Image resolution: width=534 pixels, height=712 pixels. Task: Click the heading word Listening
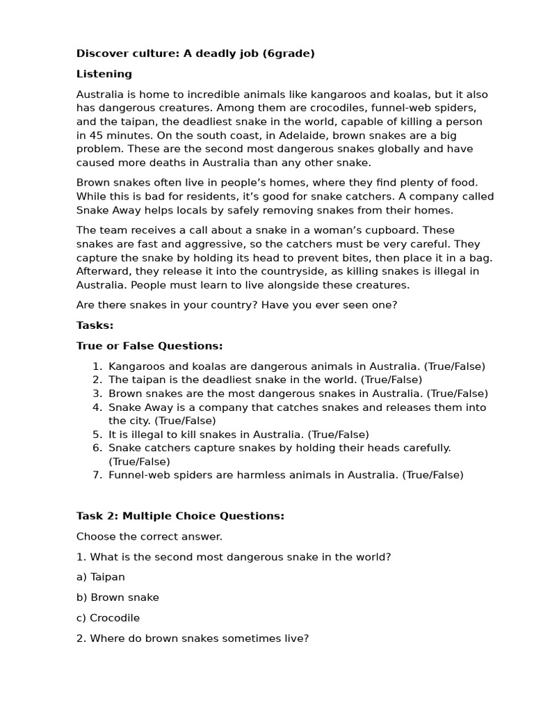point(104,74)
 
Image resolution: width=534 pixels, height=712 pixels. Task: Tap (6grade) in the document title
point(289,54)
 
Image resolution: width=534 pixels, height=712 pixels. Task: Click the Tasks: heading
point(95,325)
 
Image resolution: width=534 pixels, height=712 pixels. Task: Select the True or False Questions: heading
point(149,346)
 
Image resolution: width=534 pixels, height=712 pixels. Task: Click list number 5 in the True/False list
point(97,435)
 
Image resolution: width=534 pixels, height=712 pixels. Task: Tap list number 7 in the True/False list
point(97,475)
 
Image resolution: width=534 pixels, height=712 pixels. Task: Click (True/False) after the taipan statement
point(391,380)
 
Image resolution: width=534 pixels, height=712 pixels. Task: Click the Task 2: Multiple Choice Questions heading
point(180,516)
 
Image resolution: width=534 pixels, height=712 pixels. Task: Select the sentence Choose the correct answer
point(149,536)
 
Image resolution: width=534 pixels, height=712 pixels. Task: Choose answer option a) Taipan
point(101,577)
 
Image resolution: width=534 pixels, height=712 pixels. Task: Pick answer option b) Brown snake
point(118,597)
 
